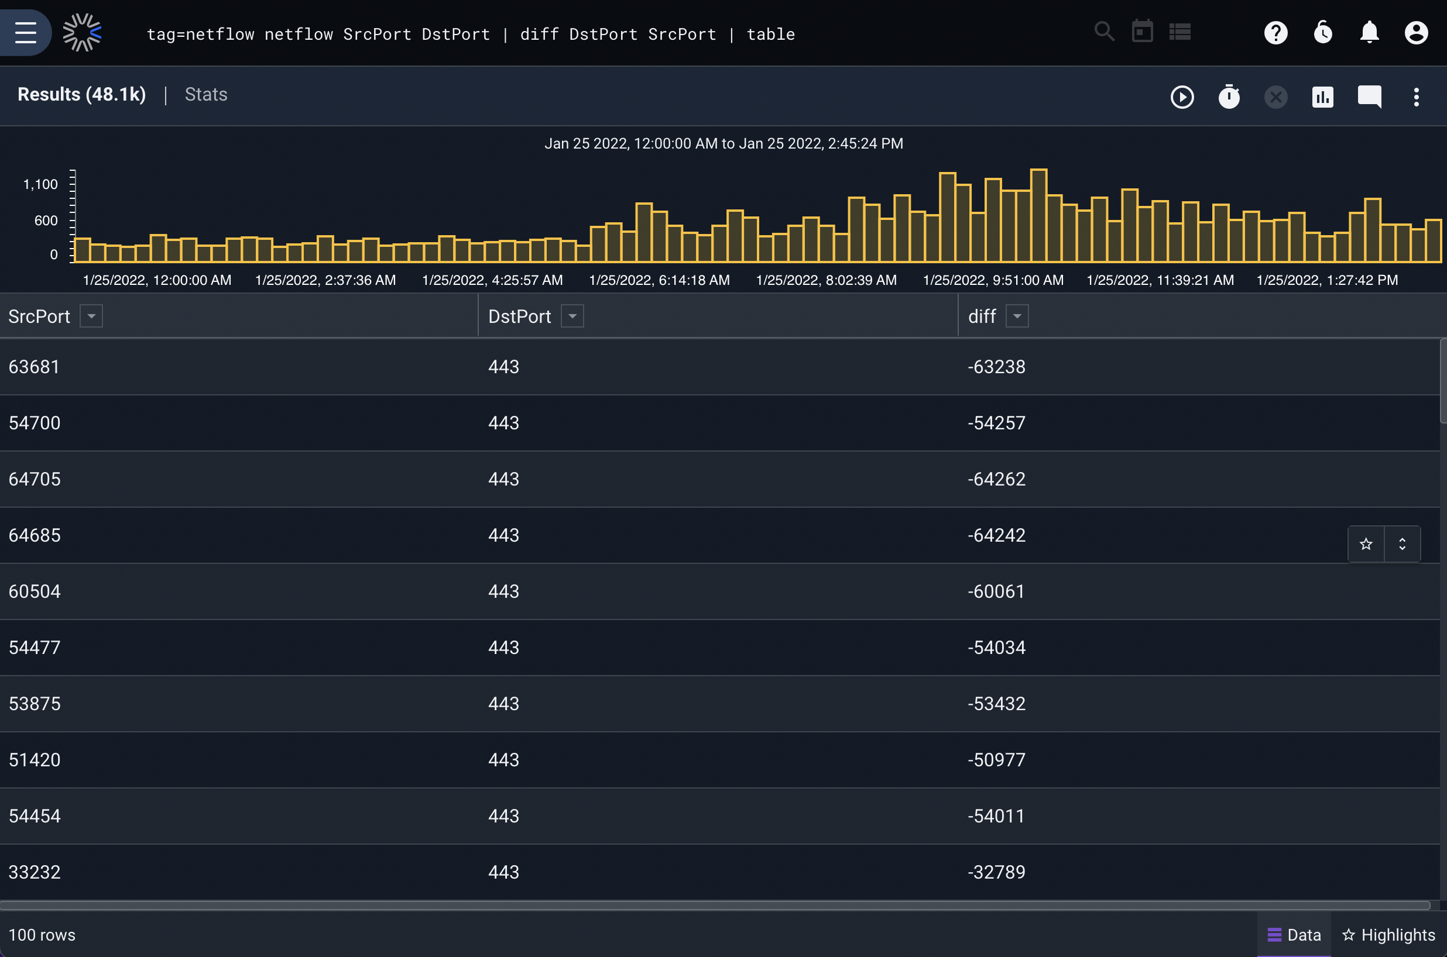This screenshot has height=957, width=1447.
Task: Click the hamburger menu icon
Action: point(26,32)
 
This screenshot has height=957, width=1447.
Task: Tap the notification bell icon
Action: point(1370,32)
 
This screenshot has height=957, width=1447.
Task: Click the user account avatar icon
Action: point(1416,32)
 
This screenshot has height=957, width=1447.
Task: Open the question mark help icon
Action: point(1275,32)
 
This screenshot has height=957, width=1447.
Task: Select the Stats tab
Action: point(206,95)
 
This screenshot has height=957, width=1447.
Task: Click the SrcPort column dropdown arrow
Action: point(91,316)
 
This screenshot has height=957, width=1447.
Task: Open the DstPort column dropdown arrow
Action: point(572,316)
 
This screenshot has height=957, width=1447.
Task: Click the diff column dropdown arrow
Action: point(1017,316)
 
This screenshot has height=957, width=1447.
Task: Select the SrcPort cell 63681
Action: point(34,367)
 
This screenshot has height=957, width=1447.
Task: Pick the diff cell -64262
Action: point(996,479)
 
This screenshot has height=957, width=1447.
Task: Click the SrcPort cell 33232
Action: point(35,872)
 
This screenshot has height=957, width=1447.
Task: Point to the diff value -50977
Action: point(996,760)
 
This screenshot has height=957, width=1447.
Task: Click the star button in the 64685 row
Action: point(1366,544)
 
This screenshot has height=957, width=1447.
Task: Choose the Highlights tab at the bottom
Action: point(1389,934)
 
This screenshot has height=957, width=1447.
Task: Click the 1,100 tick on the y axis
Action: point(40,184)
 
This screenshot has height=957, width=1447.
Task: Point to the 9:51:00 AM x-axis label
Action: point(993,280)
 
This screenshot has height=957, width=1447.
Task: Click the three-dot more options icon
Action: point(1416,97)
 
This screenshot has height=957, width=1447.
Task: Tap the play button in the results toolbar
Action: point(1182,97)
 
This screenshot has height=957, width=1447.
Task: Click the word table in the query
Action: point(770,34)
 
